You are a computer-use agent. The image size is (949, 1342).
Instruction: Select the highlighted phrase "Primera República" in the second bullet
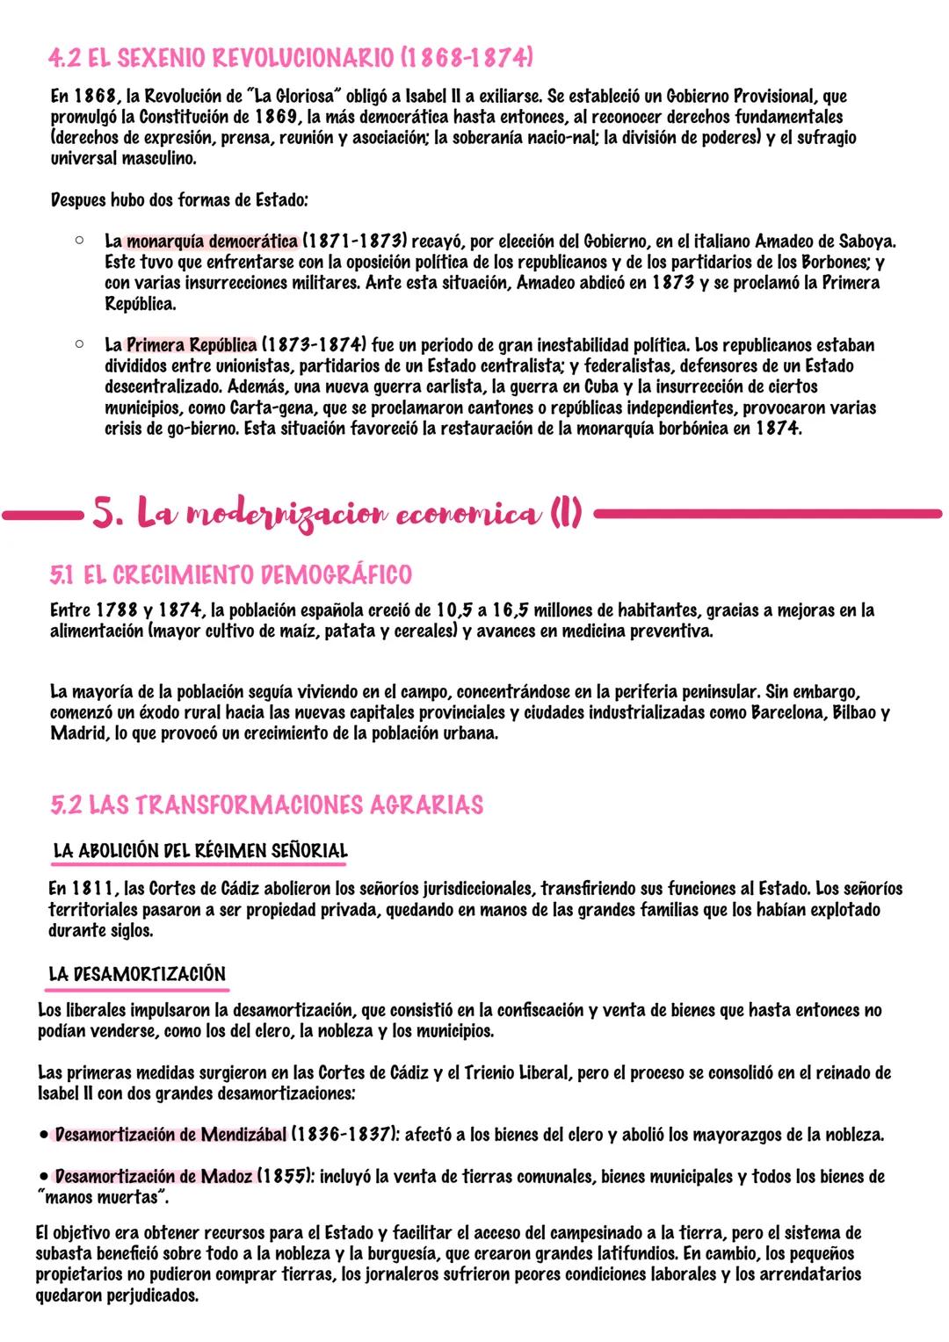tap(192, 345)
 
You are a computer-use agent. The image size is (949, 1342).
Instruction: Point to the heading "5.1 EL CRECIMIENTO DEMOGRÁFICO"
tap(231, 575)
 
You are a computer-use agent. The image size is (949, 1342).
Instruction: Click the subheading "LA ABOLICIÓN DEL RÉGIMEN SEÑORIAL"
tap(200, 851)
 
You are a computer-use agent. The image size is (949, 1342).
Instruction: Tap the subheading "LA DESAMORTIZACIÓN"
tap(137, 974)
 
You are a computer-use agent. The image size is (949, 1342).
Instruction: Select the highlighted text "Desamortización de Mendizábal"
tap(170, 1135)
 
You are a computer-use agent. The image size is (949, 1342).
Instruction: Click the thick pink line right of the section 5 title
tap(773, 512)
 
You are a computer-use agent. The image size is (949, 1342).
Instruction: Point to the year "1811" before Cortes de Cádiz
tap(93, 889)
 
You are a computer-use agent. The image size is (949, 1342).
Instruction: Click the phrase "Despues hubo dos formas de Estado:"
tap(179, 200)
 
